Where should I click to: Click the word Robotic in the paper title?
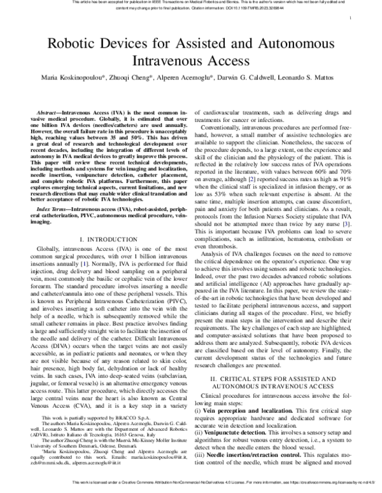point(71,45)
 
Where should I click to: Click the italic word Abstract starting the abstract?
point(50,111)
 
